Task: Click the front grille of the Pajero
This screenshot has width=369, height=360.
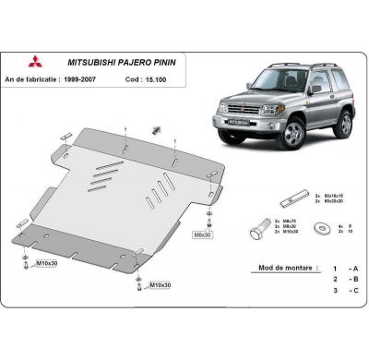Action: (242, 108)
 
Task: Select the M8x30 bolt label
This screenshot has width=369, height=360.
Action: (201, 234)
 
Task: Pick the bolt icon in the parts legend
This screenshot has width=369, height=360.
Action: (261, 229)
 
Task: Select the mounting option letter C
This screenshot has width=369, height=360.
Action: (354, 289)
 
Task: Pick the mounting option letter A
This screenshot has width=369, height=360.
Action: (354, 267)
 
